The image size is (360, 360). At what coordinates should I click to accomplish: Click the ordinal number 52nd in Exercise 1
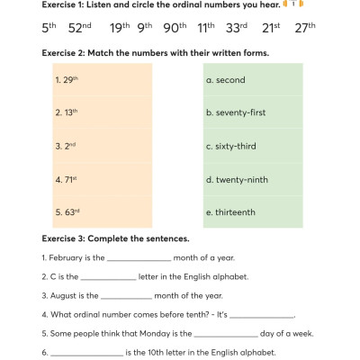tap(80, 28)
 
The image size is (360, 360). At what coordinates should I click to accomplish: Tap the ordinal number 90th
tap(176, 28)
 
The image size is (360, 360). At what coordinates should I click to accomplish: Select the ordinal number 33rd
tap(237, 28)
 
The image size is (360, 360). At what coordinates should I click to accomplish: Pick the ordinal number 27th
tap(306, 28)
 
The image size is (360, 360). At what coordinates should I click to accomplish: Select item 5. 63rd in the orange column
tap(67, 212)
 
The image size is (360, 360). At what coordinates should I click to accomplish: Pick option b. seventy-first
tap(238, 112)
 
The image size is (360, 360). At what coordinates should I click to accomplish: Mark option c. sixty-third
tap(233, 146)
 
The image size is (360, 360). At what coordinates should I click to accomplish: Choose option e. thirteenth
tap(230, 212)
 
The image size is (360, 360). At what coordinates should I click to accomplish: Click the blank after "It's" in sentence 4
tap(263, 316)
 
